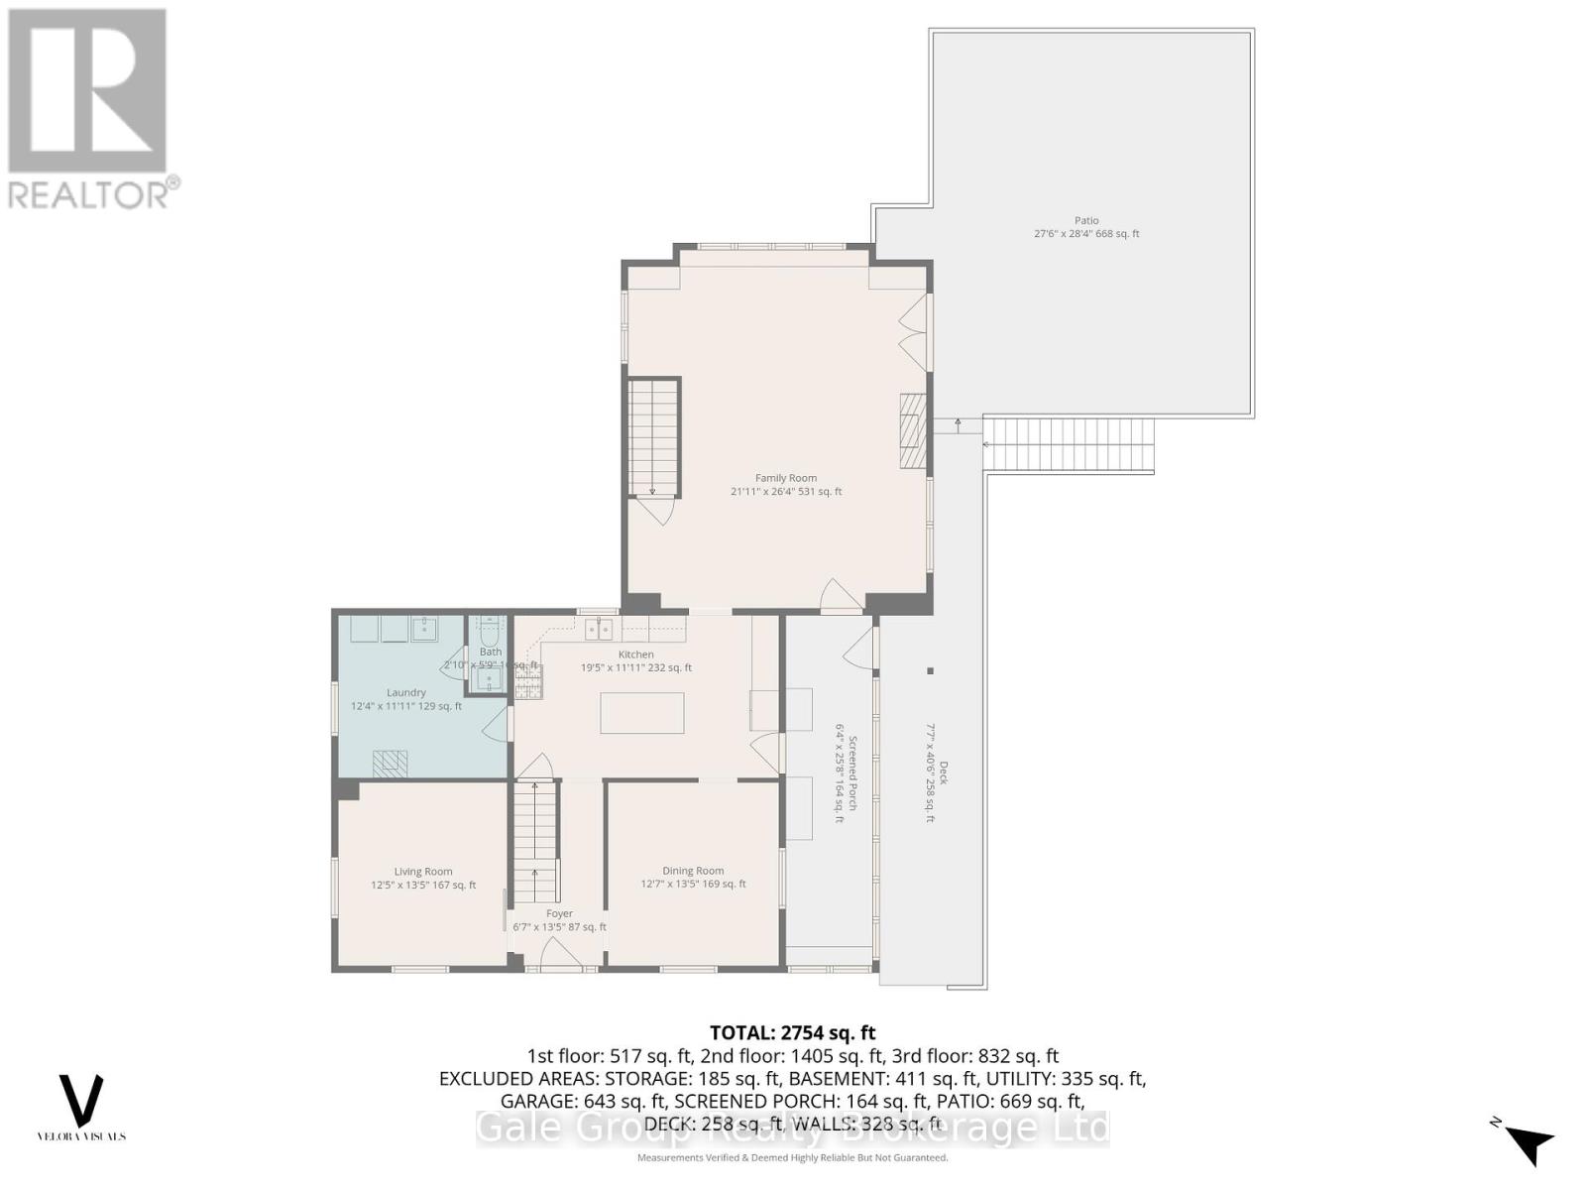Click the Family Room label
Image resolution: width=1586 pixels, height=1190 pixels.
click(786, 478)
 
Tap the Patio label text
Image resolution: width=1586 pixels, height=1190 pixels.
click(1086, 221)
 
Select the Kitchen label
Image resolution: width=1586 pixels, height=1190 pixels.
click(636, 654)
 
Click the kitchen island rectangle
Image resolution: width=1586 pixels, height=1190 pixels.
click(641, 713)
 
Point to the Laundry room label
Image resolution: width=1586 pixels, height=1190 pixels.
click(406, 692)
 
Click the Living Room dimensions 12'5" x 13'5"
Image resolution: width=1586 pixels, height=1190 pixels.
click(423, 885)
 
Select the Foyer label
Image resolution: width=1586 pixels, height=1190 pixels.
click(559, 913)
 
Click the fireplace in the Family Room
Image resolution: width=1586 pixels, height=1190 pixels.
click(912, 429)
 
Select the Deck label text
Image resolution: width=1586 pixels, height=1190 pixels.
click(944, 773)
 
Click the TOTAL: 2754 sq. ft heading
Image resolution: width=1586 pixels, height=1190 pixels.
click(792, 1032)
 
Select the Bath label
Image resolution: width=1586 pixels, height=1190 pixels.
click(491, 652)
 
